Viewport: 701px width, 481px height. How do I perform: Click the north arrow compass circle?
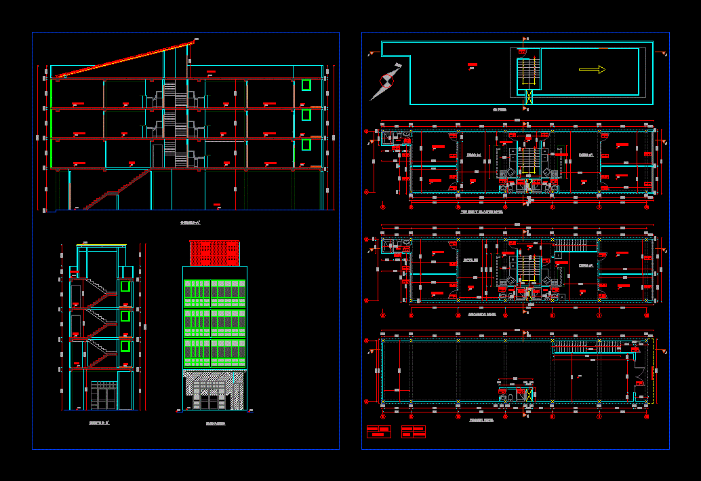(x=386, y=81)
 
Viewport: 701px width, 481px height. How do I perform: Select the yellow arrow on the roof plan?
(x=592, y=69)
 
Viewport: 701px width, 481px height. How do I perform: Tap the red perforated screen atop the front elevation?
(x=215, y=253)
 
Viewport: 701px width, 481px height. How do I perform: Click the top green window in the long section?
(x=306, y=85)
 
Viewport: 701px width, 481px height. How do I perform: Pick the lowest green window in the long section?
(x=306, y=145)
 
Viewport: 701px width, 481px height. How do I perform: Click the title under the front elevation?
(x=216, y=423)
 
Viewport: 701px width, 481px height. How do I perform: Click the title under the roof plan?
(x=500, y=109)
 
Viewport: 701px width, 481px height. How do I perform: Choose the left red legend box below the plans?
(x=379, y=431)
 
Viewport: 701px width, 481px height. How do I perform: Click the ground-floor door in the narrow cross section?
(x=104, y=395)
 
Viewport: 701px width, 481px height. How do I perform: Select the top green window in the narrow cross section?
(x=125, y=286)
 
